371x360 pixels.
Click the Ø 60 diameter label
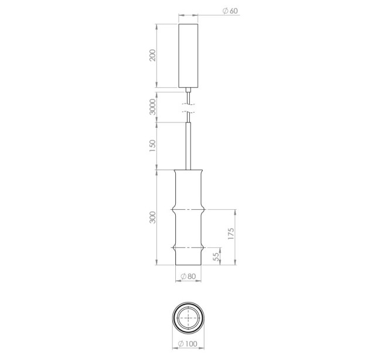(x=230, y=11)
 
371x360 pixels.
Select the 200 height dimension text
(x=153, y=55)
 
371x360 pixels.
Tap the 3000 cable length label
(x=153, y=107)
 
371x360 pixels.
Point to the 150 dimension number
(x=153, y=146)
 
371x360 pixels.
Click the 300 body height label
(x=153, y=218)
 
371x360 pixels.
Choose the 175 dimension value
(x=231, y=233)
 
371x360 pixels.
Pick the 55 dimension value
(x=216, y=257)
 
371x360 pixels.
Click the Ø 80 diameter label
(x=188, y=276)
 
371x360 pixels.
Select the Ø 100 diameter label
(x=188, y=344)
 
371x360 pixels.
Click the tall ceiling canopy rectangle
(x=188, y=56)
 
